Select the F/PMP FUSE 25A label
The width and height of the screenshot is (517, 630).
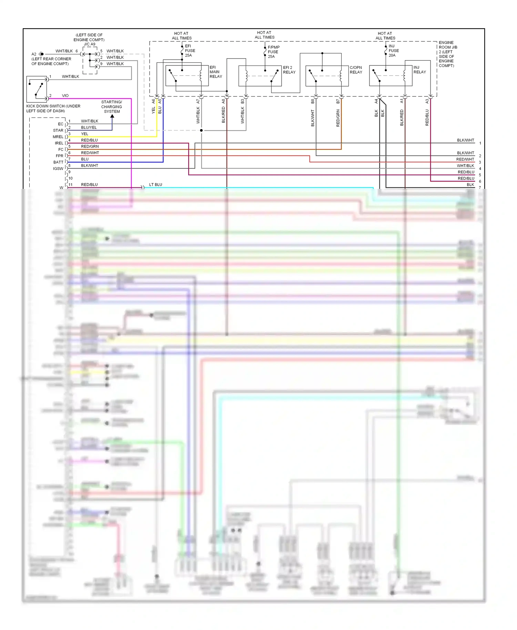[273, 52]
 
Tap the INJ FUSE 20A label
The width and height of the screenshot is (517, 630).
[393, 51]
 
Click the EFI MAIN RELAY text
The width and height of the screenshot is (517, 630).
[215, 72]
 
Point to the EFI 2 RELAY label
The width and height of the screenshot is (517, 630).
[289, 70]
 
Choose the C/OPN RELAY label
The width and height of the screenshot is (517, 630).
[356, 70]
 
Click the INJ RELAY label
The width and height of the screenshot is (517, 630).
[419, 70]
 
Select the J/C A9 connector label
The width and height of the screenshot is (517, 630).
[89, 44]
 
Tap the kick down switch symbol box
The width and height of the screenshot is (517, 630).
[37, 89]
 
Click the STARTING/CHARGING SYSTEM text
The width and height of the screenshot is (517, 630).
[112, 107]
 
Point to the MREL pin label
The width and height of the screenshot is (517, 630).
[58, 137]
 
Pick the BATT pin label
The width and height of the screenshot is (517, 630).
[58, 162]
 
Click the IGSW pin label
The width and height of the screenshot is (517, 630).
[58, 169]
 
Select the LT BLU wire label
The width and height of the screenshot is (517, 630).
[155, 185]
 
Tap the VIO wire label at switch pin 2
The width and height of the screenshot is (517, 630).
[65, 96]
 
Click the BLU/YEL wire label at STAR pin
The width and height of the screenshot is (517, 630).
[89, 128]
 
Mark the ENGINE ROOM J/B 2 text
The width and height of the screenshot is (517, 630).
[447, 54]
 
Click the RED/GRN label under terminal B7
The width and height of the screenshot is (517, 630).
[338, 118]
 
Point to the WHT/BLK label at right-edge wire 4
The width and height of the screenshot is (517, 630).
[465, 166]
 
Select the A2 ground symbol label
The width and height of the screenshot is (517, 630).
[34, 54]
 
